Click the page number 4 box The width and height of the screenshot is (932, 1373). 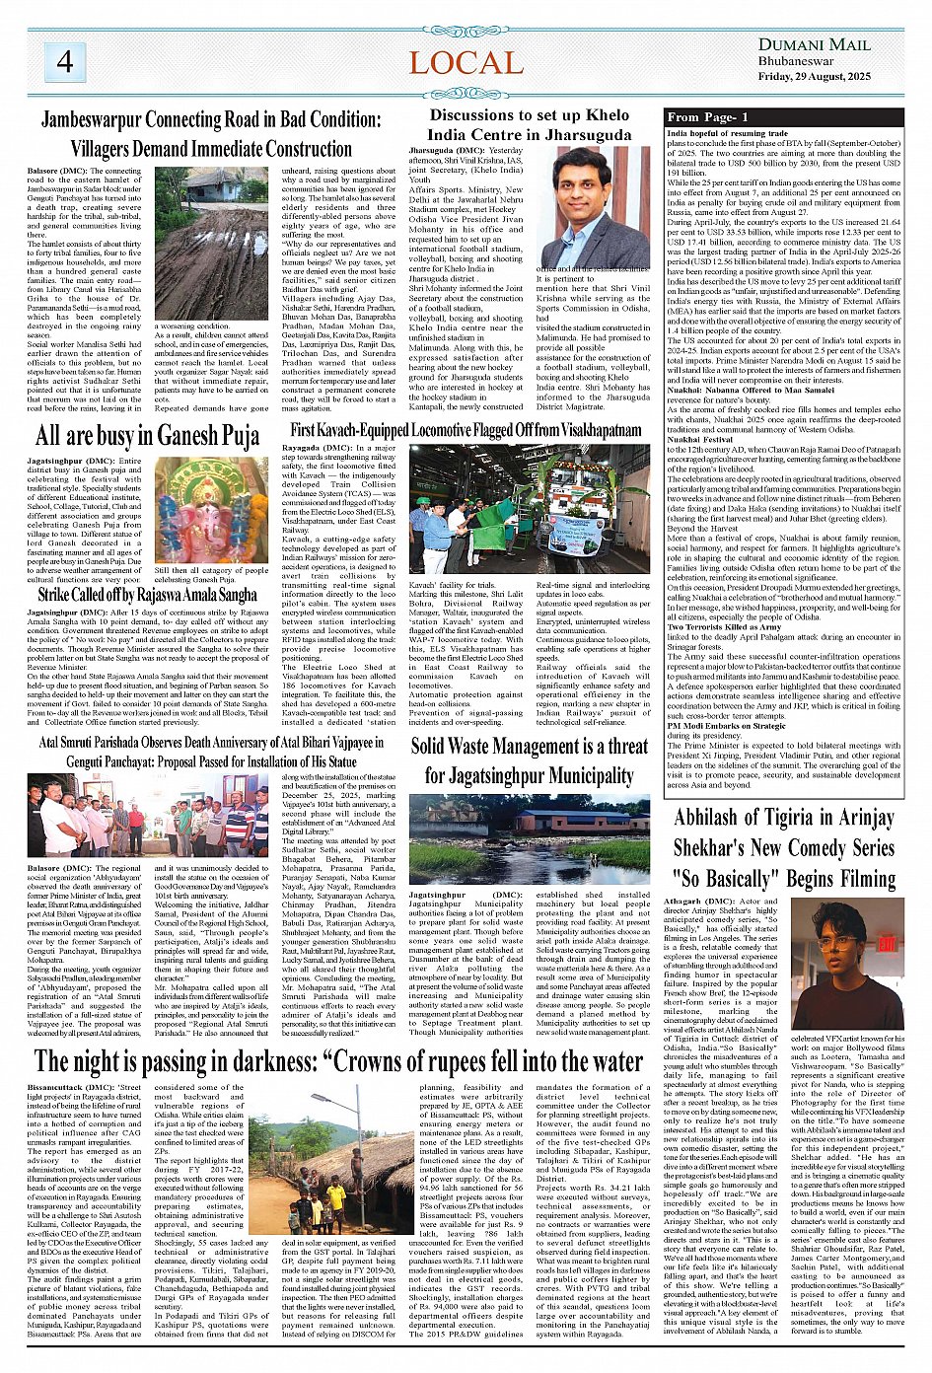point(64,62)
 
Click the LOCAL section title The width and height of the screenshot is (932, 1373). point(466,63)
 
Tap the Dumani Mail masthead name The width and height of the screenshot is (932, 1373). point(814,44)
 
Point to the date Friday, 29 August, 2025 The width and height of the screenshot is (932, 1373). point(814,76)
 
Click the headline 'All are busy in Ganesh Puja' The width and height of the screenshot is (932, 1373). point(147,435)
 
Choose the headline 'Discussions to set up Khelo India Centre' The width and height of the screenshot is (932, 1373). point(530,124)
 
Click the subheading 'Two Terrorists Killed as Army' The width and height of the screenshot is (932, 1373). point(725,626)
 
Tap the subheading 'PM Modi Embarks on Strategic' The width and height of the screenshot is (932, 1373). point(727,725)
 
